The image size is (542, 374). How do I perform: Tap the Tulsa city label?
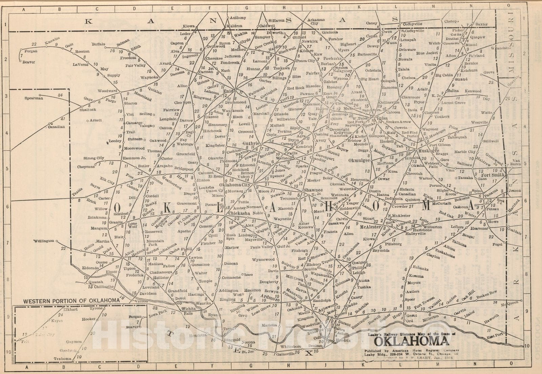382,118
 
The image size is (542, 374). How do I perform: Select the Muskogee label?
429,151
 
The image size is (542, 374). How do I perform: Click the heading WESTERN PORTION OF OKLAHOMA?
71,300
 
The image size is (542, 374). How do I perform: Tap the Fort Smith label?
493,175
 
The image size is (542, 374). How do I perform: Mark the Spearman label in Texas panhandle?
34,98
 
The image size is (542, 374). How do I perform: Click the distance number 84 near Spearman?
60,95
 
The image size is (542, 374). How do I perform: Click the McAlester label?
371,227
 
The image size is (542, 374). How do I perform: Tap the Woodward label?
107,91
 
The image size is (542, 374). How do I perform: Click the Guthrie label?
251,144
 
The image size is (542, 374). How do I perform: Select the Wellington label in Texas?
44,241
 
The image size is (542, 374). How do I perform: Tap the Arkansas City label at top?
316,21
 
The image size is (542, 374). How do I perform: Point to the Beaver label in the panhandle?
29,62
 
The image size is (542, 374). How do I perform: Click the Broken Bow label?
486,294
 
